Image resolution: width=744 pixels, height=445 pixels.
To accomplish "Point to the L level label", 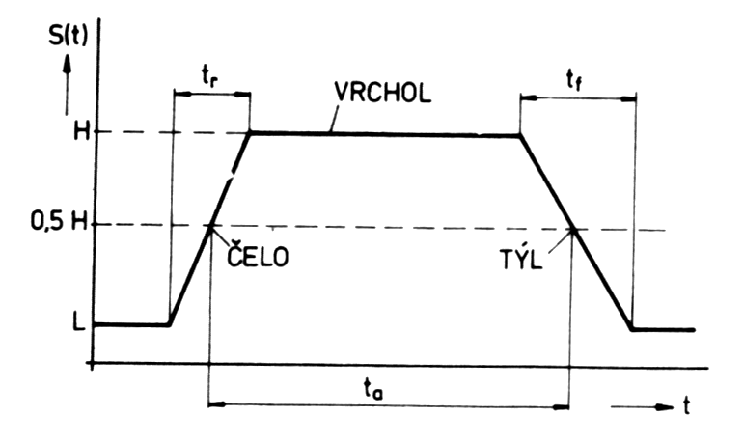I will pos(76,323).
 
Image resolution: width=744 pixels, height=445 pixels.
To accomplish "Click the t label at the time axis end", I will pos(686,406).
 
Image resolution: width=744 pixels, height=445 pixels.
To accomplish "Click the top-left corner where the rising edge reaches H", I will pos(250,133).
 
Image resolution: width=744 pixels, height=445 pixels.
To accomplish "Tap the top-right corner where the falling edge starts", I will pos(521,134).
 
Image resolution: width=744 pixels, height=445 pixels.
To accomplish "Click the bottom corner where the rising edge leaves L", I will pos(171,324).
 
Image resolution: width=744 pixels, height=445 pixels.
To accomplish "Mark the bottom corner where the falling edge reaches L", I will pos(634,328).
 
